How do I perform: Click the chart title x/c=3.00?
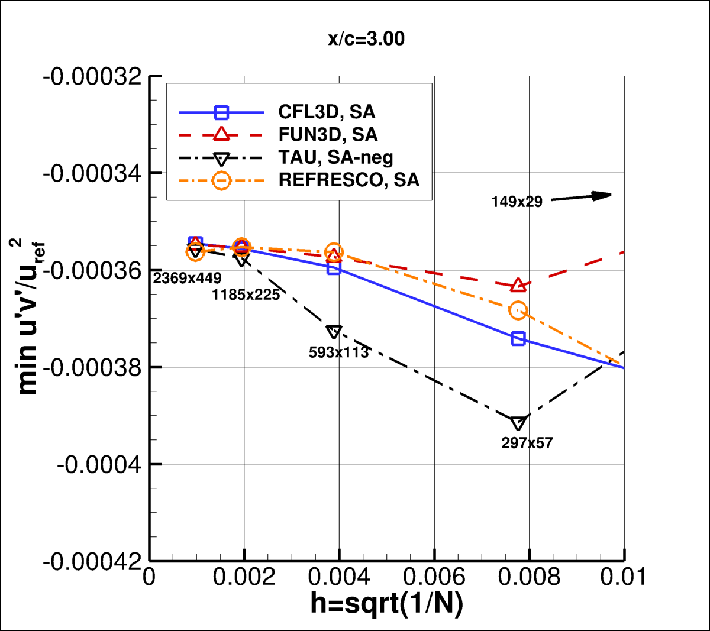(x=366, y=39)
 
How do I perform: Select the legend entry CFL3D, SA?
(x=327, y=112)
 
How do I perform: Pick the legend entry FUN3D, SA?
(x=328, y=134)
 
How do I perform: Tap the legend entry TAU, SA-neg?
(x=335, y=157)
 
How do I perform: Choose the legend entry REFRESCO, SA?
(x=348, y=180)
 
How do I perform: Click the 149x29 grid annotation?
(x=517, y=202)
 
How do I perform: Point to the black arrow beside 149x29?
(x=581, y=197)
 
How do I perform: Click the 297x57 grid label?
(x=527, y=442)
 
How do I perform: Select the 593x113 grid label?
(x=338, y=352)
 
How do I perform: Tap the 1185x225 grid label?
(x=246, y=295)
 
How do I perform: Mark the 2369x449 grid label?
(x=187, y=277)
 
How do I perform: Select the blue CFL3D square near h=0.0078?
(x=518, y=338)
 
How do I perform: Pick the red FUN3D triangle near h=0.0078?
(x=518, y=285)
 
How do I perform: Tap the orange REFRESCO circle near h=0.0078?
(x=518, y=310)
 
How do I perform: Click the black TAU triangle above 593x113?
(x=334, y=332)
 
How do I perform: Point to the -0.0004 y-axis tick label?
(x=99, y=464)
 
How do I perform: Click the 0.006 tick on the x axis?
(x=434, y=577)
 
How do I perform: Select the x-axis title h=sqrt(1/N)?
(x=386, y=604)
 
